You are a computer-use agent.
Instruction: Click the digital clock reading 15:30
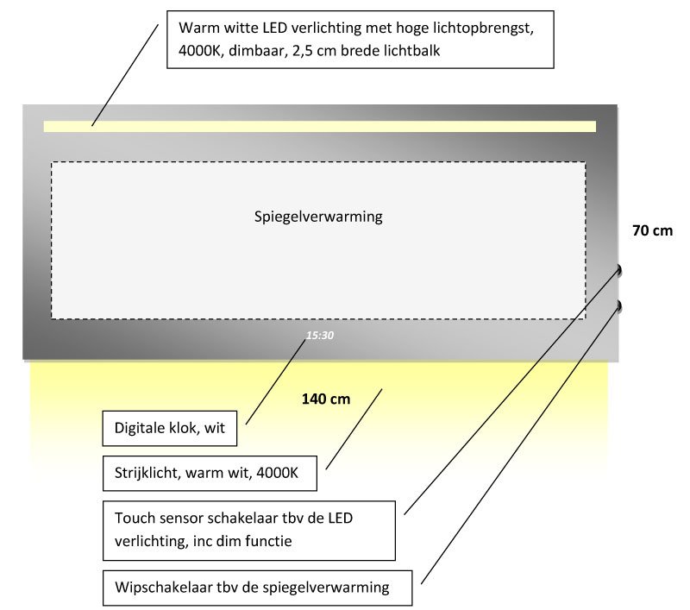(320, 335)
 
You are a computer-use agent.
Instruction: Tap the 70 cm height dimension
(652, 231)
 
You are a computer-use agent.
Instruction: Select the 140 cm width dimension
(325, 399)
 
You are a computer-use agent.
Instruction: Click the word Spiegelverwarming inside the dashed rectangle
(318, 217)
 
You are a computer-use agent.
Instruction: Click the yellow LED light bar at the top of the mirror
(319, 126)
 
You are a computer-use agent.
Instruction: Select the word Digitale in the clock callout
(141, 427)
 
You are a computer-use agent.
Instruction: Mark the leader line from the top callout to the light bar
(126, 73)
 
